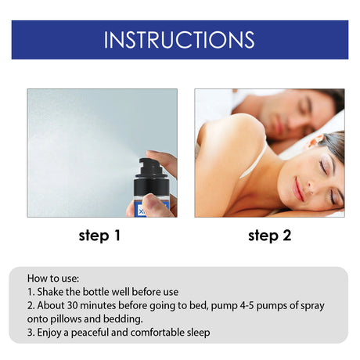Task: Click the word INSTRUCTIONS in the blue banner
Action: coord(179,40)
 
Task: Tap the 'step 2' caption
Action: coord(270,235)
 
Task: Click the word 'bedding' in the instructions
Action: coord(120,319)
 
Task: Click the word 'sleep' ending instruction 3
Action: coord(197,332)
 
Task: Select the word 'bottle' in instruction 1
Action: coord(110,291)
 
